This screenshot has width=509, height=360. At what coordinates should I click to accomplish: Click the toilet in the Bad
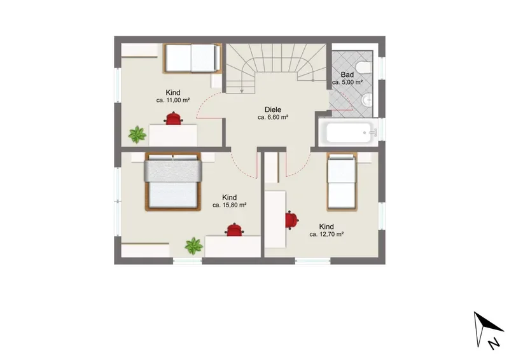coord(363,67)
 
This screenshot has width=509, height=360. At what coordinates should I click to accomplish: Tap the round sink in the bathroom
coord(367,99)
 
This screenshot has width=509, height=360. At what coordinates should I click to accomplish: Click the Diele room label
coord(273,110)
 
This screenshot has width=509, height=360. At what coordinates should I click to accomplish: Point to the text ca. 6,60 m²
coord(273,118)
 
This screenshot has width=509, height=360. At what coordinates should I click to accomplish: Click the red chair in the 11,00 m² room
coord(174,118)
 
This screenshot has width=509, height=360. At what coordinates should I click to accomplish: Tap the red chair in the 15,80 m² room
coord(234,230)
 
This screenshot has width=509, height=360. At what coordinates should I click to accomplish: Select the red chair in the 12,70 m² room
coord(291,220)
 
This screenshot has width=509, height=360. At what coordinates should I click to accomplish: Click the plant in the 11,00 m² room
coord(137,134)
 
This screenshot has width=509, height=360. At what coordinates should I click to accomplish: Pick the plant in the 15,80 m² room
coord(194,246)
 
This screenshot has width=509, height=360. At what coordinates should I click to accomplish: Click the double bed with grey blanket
coord(173,182)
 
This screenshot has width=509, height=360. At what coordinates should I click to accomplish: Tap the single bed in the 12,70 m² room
coord(342,182)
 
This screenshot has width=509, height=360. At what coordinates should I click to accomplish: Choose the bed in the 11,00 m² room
coord(193,58)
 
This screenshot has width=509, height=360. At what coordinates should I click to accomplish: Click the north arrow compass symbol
coord(485,328)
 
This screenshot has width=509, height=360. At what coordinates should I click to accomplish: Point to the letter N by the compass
coord(494,343)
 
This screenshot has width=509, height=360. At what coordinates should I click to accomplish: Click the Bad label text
coord(347,74)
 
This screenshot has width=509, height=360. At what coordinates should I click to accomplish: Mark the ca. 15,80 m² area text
coord(229,205)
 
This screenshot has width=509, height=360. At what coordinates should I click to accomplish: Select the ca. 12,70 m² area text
coord(326,234)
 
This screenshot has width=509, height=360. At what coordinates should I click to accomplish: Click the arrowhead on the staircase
coord(242,92)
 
